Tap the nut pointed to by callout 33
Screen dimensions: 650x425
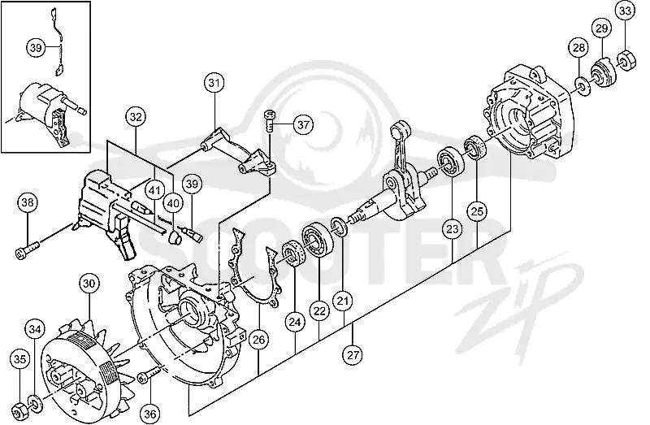[626, 61]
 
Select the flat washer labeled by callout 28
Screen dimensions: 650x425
[583, 86]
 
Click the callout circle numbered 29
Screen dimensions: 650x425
[601, 28]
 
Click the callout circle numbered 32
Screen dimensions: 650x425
[136, 117]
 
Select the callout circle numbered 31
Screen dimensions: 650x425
[214, 84]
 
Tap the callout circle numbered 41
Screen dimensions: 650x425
[154, 191]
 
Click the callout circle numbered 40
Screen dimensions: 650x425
[173, 203]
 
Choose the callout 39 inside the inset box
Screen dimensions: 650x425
[36, 48]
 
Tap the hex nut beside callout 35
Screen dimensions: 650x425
[18, 410]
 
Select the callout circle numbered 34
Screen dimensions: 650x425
[35, 330]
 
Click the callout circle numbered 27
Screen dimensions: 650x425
[353, 355]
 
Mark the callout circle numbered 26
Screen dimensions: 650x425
[258, 340]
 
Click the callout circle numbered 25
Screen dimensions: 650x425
[477, 211]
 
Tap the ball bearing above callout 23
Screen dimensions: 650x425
[450, 162]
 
